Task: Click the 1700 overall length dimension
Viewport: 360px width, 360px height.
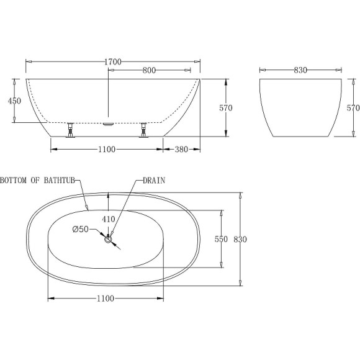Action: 112,61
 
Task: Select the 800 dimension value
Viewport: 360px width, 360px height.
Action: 149,71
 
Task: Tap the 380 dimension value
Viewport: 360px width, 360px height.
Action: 182,149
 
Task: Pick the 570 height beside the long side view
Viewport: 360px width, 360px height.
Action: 226,107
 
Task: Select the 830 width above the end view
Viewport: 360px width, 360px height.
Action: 300,71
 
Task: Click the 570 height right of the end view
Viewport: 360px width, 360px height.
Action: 353,107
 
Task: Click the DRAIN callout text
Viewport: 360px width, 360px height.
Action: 154,181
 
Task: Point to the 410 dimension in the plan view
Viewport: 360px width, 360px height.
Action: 109,218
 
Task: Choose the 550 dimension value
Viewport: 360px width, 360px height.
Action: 222,239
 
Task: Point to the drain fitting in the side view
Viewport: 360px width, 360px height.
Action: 109,123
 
